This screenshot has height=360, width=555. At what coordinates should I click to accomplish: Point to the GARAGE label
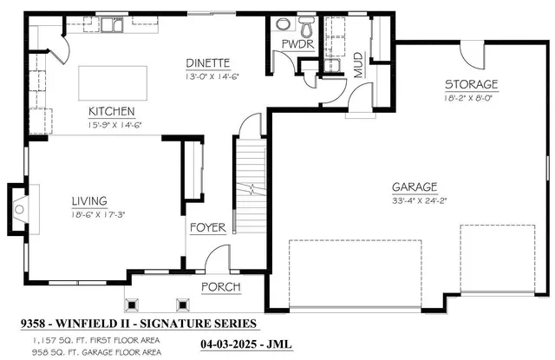click(x=413, y=187)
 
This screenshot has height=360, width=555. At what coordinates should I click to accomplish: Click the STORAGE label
click(x=471, y=84)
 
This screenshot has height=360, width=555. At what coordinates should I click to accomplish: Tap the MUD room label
click(x=358, y=64)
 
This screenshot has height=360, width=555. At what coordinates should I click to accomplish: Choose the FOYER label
click(x=208, y=228)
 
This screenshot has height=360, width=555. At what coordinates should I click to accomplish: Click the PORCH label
click(x=220, y=287)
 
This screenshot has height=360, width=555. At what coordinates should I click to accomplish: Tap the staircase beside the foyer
click(x=251, y=187)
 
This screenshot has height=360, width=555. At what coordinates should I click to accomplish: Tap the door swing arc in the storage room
click(x=473, y=54)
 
